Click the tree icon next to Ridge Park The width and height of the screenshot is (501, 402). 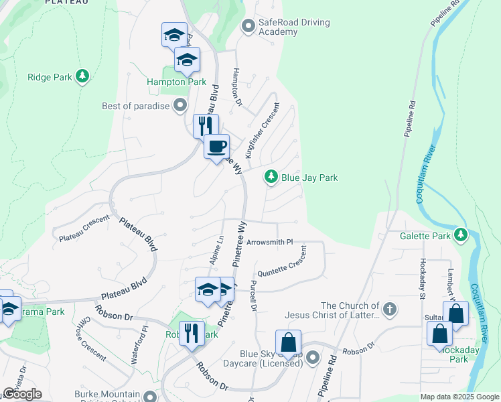coord(82,76)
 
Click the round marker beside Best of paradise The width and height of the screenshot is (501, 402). coord(180,105)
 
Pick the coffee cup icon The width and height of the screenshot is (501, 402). coord(216,146)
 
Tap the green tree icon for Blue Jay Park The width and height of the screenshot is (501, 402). coord(271,178)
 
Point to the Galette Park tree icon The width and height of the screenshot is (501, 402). coord(460,235)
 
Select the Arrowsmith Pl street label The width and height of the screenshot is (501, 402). coord(270,242)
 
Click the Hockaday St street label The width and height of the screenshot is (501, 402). coord(423,276)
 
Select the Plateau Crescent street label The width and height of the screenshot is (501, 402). coord(84,229)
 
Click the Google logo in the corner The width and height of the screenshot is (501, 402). coord(22,394)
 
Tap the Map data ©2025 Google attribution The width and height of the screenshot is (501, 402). coord(459,397)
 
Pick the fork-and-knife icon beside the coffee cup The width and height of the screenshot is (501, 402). coord(205,125)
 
